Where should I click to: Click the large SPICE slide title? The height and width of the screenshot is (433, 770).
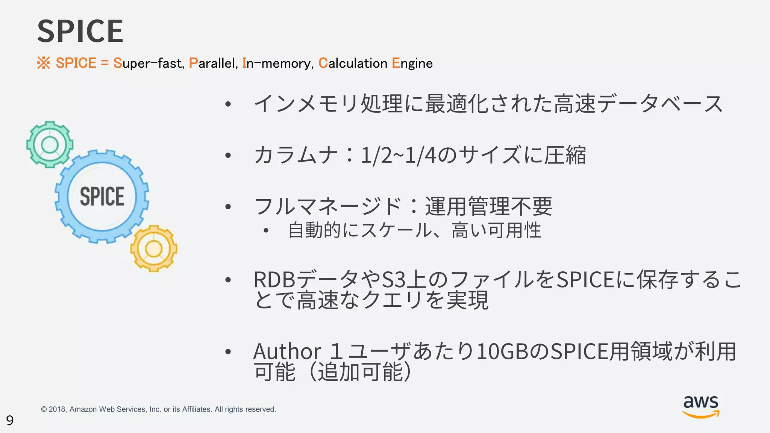coord(80,31)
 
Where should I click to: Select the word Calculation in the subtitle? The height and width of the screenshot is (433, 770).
coord(353,63)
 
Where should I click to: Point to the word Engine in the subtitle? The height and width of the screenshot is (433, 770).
coord(412,63)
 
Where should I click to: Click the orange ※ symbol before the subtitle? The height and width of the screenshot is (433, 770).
coord(44,63)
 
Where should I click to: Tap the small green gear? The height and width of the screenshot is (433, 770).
coord(50,144)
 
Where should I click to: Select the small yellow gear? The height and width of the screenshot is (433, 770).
coord(154,248)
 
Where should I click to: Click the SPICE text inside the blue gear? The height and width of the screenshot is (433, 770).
coord(102,197)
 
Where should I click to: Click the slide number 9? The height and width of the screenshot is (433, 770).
coord(10,420)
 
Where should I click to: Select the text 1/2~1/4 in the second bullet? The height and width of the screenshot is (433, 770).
coord(398,155)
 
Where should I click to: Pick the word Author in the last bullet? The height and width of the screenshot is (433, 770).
coord(287,351)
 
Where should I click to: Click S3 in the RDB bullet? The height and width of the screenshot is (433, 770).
coord(394,280)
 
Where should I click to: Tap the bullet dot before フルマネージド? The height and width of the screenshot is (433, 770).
coord(228,206)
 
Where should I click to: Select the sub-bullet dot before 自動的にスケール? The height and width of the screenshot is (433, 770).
coord(266,230)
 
